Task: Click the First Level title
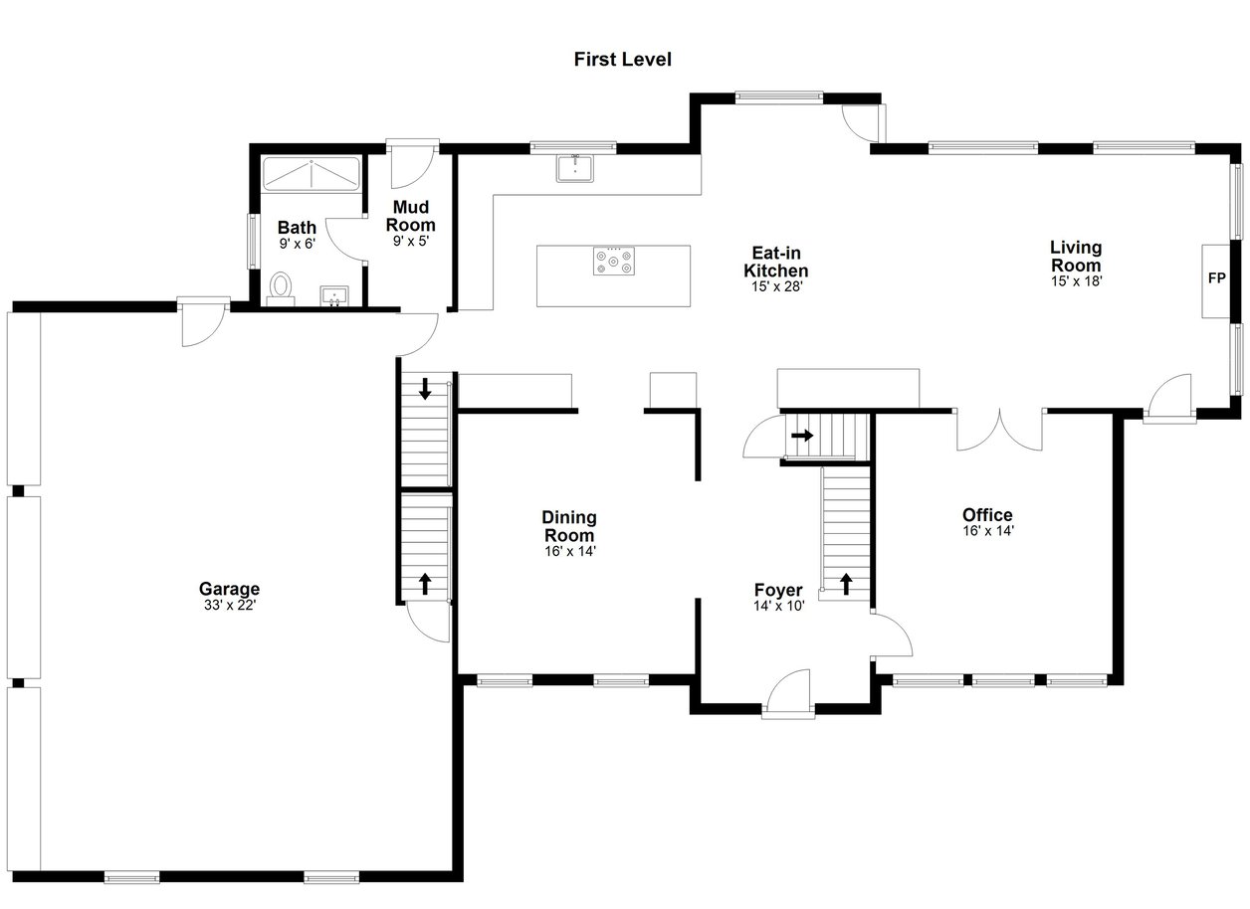coord(622,59)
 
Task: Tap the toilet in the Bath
coord(281,288)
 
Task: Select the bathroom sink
coord(334,296)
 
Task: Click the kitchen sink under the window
coord(575,168)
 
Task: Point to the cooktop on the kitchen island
coord(614,261)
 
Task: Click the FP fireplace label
coord(1216,277)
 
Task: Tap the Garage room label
coord(229,589)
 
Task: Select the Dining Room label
coord(569,526)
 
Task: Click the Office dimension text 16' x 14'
coord(987,531)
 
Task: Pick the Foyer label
coord(778,590)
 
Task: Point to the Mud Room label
coord(411,216)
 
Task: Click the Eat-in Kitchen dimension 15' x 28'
coord(777,286)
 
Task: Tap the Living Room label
coord(1076,256)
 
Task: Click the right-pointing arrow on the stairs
coord(802,435)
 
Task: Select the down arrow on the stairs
coord(425,389)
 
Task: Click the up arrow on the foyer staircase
coord(846,584)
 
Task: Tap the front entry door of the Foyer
coord(788,694)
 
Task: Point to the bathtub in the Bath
coord(312,175)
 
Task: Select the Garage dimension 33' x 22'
coord(229,606)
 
